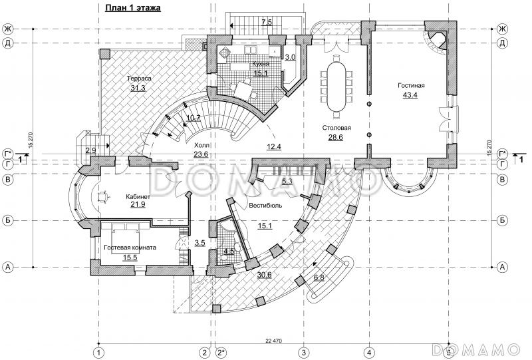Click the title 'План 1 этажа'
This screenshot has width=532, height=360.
pos(132,8)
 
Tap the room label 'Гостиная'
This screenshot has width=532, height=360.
pos(411,86)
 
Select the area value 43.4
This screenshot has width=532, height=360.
pos(410,95)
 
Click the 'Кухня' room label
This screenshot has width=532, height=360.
pos(261,64)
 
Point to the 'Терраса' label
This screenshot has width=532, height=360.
pos(139,79)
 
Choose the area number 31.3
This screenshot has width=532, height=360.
pos(138,88)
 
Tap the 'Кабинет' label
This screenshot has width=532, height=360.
pos(138,197)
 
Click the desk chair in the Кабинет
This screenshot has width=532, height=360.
pos(103,196)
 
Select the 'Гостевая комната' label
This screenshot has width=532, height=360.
pos(130,248)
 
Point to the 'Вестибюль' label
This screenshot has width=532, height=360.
pos(265,206)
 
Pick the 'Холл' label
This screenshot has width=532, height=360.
pos(201,145)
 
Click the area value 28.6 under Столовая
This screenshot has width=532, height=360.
pos(336,137)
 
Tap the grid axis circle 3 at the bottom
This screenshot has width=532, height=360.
pos(304,352)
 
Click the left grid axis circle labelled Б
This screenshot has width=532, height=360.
pos(8,221)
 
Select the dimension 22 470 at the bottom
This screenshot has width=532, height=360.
pos(273,341)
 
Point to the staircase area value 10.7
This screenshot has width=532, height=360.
pos(194,118)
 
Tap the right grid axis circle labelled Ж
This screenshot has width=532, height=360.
pos(502,29)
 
